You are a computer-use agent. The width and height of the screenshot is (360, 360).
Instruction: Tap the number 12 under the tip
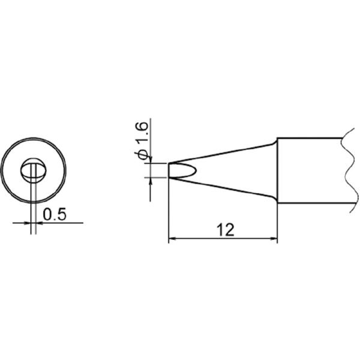tap(226, 230)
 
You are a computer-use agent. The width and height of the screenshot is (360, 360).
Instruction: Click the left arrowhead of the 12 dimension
tap(172, 240)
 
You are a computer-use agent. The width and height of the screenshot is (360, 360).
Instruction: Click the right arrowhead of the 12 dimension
tap(274, 240)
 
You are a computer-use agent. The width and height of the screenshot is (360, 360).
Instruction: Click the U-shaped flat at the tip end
tap(180, 170)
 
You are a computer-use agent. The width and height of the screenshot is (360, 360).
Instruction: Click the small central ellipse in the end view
tap(34, 170)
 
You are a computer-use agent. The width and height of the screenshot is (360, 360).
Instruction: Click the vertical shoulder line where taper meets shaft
tap(277, 171)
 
